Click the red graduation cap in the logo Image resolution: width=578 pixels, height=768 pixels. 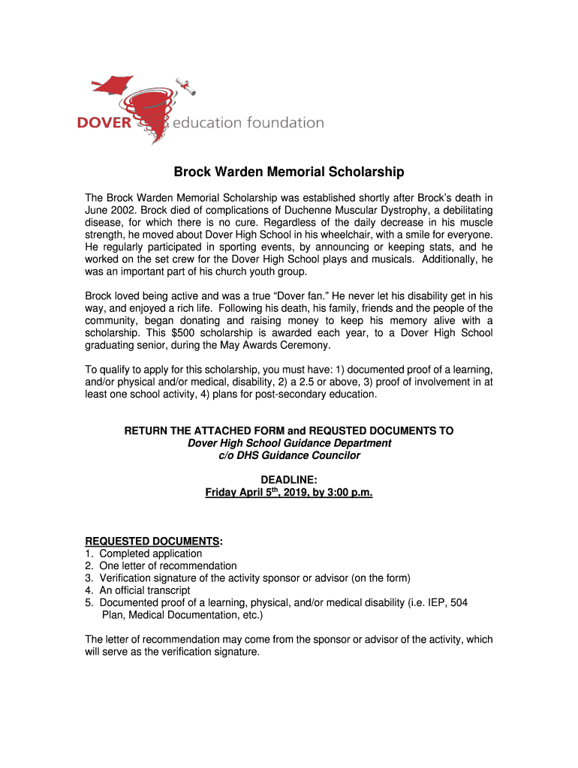(113, 84)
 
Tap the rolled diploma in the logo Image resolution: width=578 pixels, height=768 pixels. (185, 86)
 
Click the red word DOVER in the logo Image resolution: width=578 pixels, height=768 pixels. (105, 123)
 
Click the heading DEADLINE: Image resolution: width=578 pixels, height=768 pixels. (289, 479)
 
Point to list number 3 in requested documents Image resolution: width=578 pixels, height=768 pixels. (89, 577)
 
